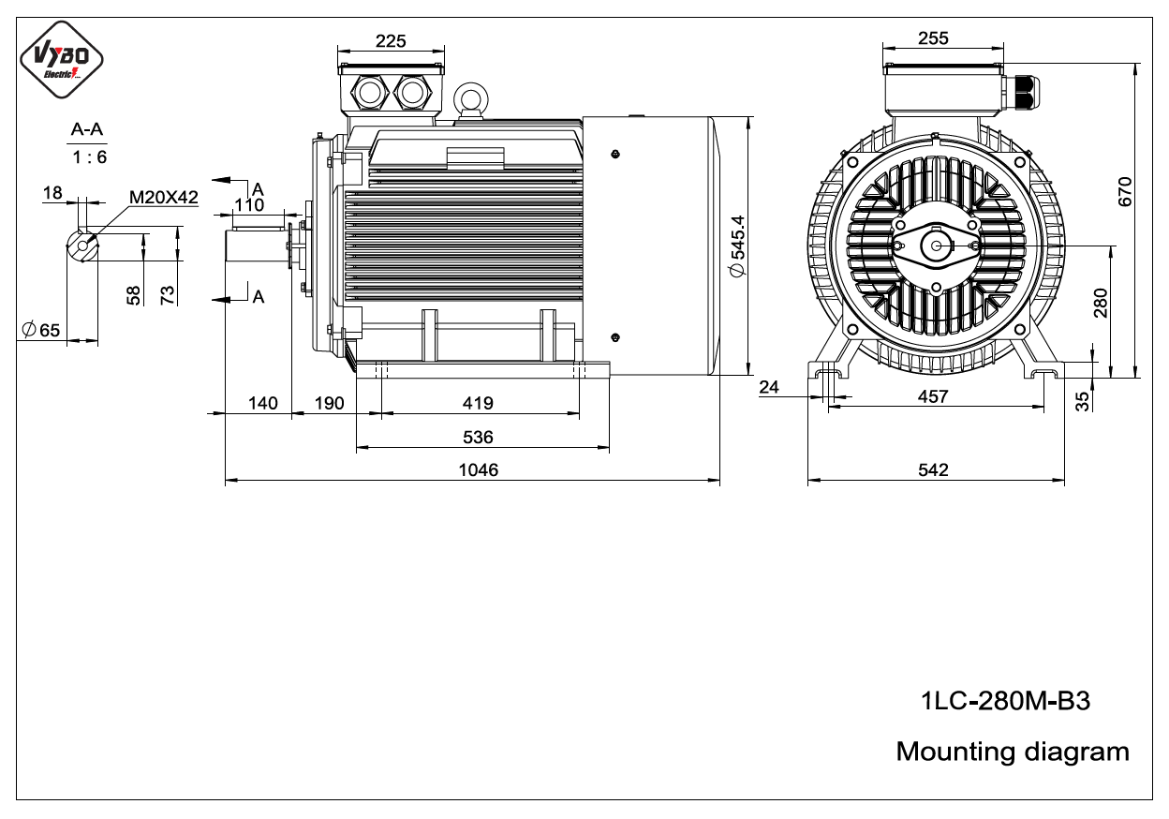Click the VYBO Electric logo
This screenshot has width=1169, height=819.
click(x=62, y=60)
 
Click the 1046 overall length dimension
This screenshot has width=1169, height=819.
click(x=478, y=469)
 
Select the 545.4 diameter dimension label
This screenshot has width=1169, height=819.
click(x=737, y=246)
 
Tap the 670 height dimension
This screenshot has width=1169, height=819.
click(x=1125, y=191)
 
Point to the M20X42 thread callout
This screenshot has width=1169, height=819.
click(x=163, y=198)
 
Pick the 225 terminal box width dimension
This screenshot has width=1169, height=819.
click(x=391, y=40)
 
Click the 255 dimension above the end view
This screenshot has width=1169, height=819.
click(x=933, y=38)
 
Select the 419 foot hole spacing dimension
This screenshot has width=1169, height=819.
click(x=478, y=403)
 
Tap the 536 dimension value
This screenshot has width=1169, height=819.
click(x=478, y=437)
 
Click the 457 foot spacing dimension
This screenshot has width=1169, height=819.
click(x=933, y=396)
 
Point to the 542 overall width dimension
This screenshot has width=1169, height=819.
click(x=933, y=469)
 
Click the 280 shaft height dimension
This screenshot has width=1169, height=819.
click(x=1100, y=303)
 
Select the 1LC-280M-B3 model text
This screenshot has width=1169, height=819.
click(x=1005, y=701)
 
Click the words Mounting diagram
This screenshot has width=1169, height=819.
click(x=1013, y=752)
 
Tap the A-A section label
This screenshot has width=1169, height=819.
click(x=86, y=129)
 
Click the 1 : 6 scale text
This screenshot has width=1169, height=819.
click(x=89, y=156)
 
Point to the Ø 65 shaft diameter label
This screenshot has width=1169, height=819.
click(x=40, y=330)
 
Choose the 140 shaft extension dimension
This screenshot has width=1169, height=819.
click(x=262, y=403)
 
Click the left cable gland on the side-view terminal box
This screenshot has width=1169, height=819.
click(x=370, y=93)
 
